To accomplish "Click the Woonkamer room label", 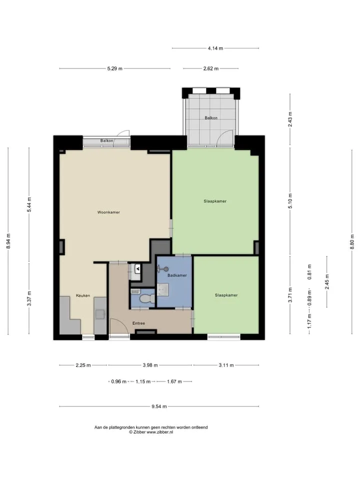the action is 108,212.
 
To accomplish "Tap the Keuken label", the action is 83,295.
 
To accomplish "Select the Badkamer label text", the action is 177,275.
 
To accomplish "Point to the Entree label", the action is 138,323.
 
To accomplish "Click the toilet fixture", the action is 146,298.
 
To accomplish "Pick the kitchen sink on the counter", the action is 100,314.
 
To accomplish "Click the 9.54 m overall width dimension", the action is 159,406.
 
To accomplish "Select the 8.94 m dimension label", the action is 8,241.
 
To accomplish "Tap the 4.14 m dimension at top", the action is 215,48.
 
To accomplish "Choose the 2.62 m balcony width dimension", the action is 211,68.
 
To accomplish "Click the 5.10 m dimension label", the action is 290,201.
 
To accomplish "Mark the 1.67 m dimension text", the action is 174,381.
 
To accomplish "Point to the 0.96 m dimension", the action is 119,381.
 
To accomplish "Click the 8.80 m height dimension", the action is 351,242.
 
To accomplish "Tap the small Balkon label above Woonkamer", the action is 106,141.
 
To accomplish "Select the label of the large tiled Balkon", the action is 211,118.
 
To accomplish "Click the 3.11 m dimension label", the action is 226,365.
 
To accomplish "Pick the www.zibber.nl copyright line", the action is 151,432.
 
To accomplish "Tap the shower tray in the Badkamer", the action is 162,289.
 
